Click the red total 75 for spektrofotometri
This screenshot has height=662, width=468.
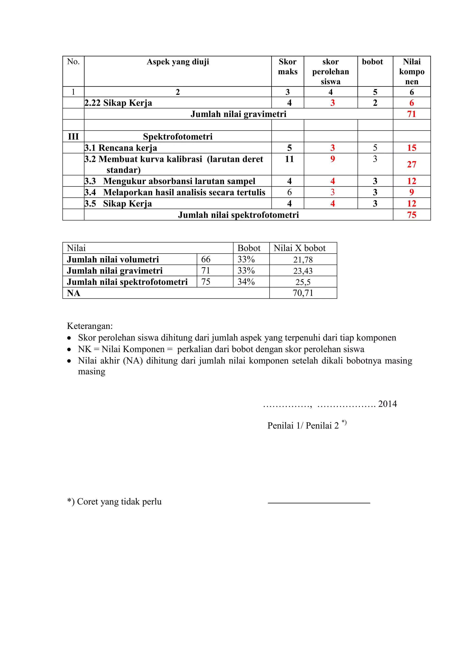(x=412, y=215)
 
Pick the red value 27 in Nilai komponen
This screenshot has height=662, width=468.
(x=412, y=164)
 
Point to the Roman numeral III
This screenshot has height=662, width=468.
(x=73, y=136)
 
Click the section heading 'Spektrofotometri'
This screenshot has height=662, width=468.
(x=178, y=136)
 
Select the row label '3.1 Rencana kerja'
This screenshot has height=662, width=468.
(x=120, y=148)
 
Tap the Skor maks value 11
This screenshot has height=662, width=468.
(x=289, y=159)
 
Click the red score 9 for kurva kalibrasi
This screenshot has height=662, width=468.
(x=332, y=159)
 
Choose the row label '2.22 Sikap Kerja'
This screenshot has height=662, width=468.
(x=118, y=103)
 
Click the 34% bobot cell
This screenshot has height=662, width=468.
(x=246, y=282)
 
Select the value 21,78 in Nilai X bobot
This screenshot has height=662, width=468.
(x=303, y=260)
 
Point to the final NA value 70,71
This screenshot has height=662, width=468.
(x=303, y=293)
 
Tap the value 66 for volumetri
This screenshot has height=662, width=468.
(x=206, y=259)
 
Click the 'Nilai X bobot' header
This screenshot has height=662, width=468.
(x=299, y=248)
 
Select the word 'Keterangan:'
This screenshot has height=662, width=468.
(x=90, y=326)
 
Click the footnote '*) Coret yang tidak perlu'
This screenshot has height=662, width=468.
(x=114, y=501)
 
